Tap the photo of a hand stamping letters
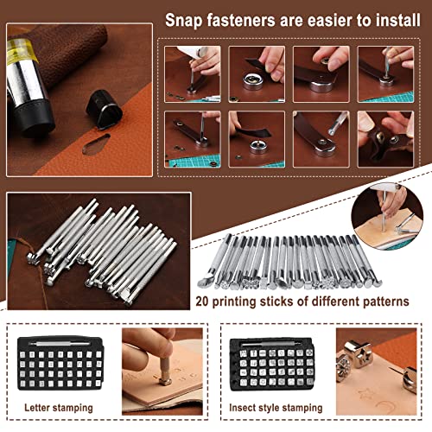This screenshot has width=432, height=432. tap(163, 363)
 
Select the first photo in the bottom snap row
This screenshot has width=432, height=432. tap(192, 134)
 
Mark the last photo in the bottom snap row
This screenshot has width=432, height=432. tap(384, 134)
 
